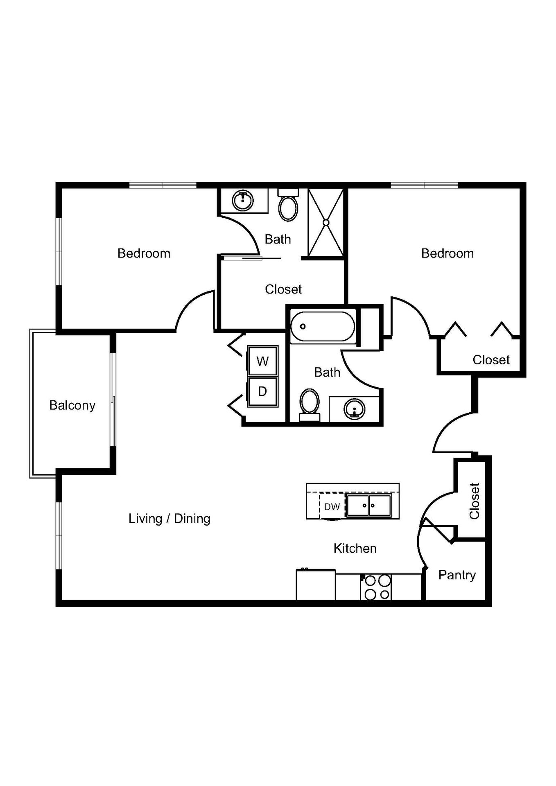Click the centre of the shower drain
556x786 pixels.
[x=326, y=222]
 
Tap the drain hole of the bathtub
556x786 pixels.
[x=303, y=326]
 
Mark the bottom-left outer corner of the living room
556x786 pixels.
[x=56, y=606]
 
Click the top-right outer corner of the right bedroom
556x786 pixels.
[x=526, y=182]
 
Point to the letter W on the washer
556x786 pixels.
[x=262, y=361]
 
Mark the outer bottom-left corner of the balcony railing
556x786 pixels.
[x=30, y=478]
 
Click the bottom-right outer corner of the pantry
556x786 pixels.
[x=491, y=606]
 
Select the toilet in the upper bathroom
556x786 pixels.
[x=288, y=205]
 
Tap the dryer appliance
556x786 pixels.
[x=262, y=392]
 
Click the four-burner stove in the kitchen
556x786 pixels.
[x=376, y=587]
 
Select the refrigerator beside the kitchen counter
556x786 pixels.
[x=316, y=585]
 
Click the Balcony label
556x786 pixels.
[x=72, y=405]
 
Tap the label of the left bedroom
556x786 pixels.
[x=144, y=253]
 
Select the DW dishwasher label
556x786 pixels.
[x=332, y=507]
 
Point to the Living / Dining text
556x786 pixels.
[x=170, y=519]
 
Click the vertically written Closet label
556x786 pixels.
[x=474, y=501]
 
